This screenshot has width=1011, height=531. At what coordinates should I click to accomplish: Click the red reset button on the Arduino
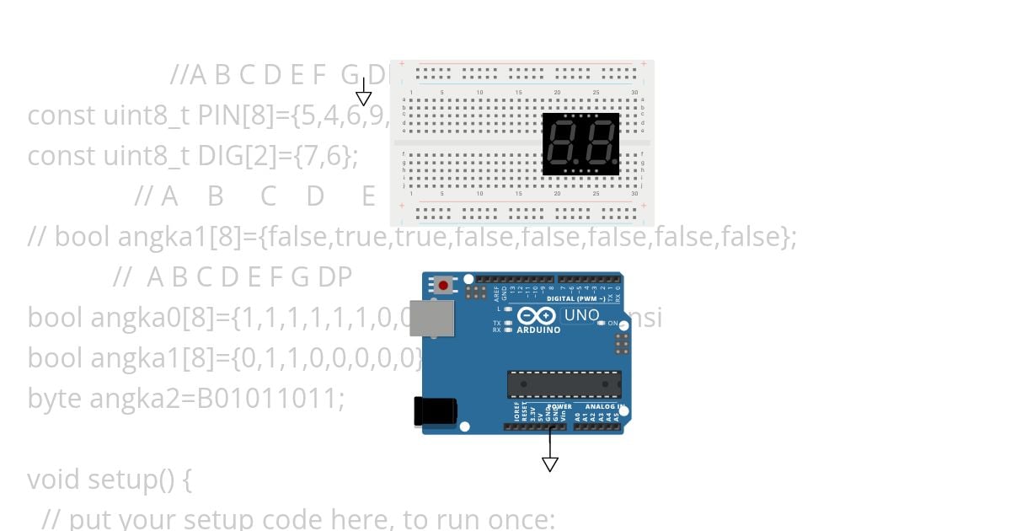point(443,286)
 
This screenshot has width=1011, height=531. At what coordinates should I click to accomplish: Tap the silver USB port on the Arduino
point(431,318)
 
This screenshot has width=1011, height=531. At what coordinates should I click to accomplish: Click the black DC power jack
point(435,411)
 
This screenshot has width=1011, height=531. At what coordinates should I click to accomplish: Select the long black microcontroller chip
point(564,384)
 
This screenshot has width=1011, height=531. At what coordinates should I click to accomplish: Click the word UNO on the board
point(581,315)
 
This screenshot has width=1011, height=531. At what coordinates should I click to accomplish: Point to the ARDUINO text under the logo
point(538,330)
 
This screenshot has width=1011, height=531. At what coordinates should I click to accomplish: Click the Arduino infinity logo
point(537,316)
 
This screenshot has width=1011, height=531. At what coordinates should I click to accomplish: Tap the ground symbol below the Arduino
point(550,464)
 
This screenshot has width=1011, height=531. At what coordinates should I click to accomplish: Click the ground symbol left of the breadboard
point(363,98)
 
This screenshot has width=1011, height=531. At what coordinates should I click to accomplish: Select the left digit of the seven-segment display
point(562,144)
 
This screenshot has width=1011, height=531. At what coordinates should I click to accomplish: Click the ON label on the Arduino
point(612,324)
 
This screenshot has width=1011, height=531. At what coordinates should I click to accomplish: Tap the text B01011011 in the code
point(270,398)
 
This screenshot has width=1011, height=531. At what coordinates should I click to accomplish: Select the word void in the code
point(55,480)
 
